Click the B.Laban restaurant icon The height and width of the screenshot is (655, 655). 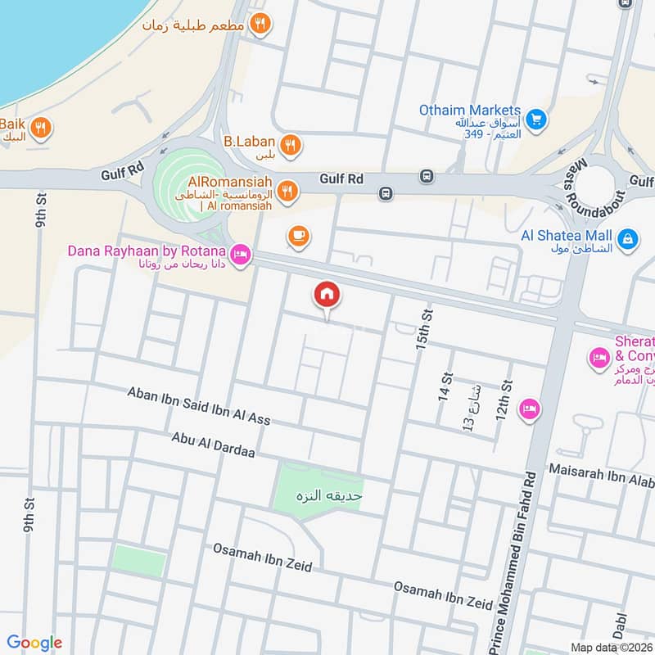pos(289,147)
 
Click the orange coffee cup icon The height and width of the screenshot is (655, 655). pos(298,237)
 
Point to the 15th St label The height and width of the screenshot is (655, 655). pos(423,330)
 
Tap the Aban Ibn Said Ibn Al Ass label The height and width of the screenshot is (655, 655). pos(198,406)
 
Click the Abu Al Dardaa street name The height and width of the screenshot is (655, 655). pos(214,449)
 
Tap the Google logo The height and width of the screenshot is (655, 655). pos(34,643)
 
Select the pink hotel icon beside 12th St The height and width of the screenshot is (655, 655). pos(530,409)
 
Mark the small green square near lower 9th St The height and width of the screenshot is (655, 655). pos(139,561)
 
